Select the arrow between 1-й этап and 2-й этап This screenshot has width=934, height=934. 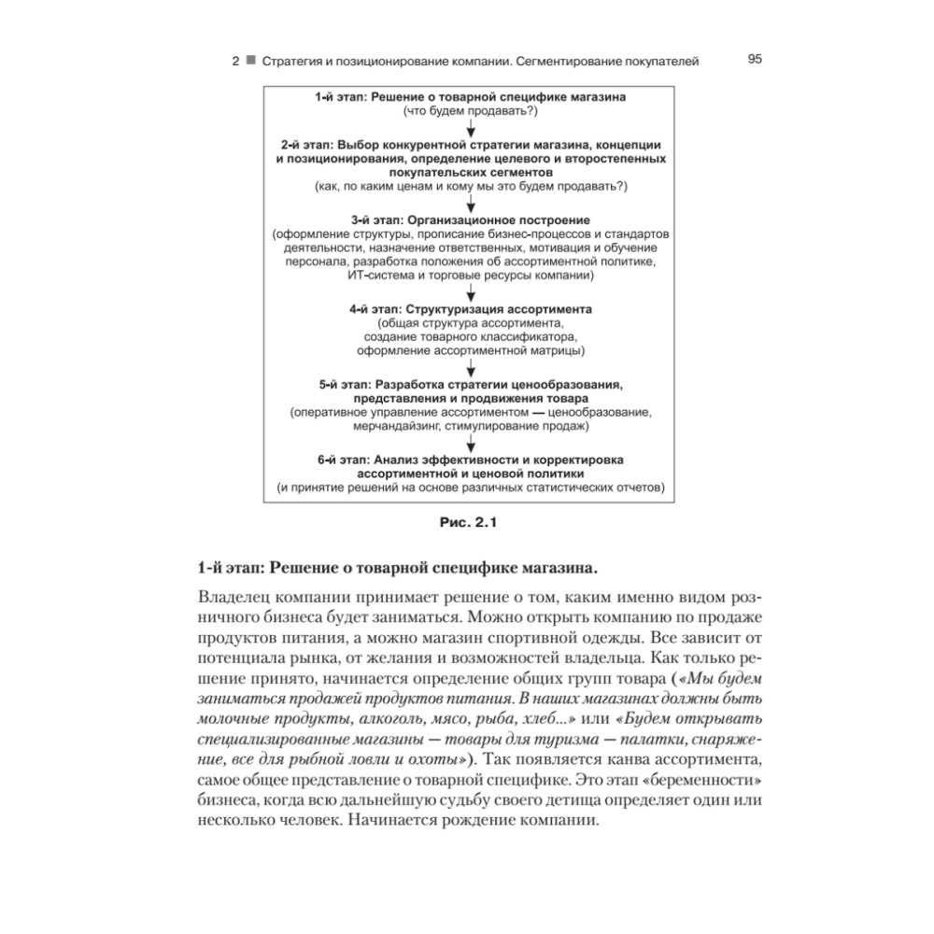pyautogui.click(x=471, y=129)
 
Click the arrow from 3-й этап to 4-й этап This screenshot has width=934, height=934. pyautogui.click(x=471, y=292)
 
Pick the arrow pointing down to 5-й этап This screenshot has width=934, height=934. pyautogui.click(x=471, y=368)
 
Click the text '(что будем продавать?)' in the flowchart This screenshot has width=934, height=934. pyautogui.click(x=470, y=111)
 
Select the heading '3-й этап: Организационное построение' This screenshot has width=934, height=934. pyautogui.click(x=470, y=219)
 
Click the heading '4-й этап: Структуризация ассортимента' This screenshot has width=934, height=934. pyautogui.click(x=470, y=307)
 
